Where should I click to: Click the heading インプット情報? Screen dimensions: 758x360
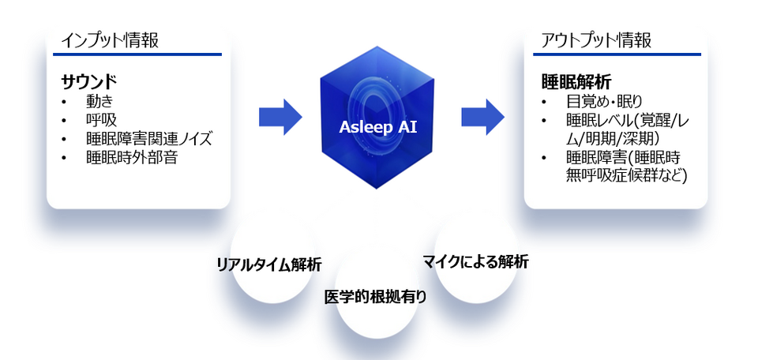point(110,40)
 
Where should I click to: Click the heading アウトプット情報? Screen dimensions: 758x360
point(596,40)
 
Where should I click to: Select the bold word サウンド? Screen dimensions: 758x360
point(89,82)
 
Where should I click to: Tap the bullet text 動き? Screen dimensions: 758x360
point(99,102)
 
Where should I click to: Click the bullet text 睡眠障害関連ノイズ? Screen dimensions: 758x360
point(149,139)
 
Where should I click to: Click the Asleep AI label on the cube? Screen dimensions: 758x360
point(377,127)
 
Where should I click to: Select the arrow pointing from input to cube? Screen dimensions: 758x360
point(280,118)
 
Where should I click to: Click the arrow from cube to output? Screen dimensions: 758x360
point(483,118)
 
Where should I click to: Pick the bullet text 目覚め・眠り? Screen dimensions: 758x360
point(604,102)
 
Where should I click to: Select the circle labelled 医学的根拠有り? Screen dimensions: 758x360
point(377,296)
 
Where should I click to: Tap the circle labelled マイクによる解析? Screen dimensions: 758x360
point(476,261)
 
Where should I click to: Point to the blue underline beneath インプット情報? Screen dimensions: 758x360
point(137,54)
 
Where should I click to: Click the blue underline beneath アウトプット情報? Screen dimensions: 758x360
point(617,54)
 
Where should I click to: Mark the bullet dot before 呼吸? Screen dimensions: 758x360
point(64,120)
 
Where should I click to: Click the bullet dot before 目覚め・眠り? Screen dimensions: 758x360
point(544,103)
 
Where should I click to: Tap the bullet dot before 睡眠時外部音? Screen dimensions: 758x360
point(64,158)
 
